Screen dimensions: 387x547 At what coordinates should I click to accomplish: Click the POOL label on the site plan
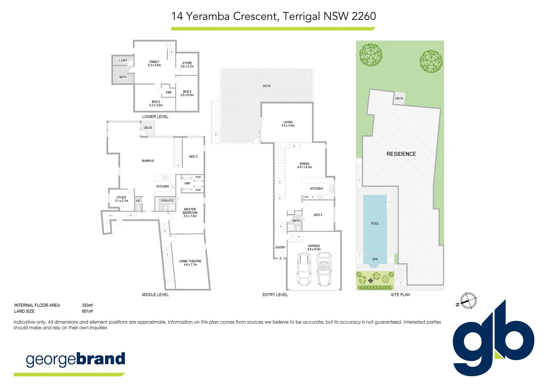click(375, 224)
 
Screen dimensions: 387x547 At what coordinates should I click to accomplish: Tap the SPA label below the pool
click(375, 259)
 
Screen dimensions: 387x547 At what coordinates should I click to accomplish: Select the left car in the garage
click(304, 269)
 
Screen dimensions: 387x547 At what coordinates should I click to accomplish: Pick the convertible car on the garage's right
click(324, 269)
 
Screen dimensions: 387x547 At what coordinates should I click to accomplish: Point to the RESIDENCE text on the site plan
click(401, 154)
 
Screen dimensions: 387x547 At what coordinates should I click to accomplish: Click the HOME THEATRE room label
click(190, 263)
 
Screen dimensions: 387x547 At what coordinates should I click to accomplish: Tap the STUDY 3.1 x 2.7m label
click(121, 199)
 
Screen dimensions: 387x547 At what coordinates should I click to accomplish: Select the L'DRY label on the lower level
click(123, 61)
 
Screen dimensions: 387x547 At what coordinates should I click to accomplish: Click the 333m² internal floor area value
click(87, 305)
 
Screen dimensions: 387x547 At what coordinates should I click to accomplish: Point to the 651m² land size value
click(87, 311)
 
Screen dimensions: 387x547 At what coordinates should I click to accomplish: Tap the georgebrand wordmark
click(75, 359)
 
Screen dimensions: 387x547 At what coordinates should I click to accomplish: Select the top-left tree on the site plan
click(371, 55)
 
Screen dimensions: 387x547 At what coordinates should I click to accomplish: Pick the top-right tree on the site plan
click(431, 61)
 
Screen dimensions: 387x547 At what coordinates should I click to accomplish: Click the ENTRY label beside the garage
click(280, 248)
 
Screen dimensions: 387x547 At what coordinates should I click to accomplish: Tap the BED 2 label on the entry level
click(318, 215)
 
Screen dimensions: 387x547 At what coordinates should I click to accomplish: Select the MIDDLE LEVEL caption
click(155, 295)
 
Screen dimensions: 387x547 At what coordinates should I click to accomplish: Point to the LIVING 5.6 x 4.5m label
click(288, 124)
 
